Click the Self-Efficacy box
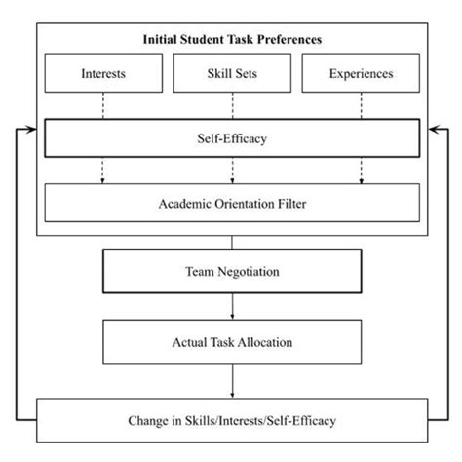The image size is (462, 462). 231,139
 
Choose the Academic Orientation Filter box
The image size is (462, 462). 231,204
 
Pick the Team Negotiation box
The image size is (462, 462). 231,272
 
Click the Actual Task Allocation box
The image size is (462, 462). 231,341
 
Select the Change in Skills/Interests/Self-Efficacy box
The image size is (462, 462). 231,422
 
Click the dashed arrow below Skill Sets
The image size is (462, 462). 231,172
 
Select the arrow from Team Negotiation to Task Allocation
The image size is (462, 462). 231,306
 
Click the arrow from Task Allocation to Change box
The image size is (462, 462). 231,380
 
